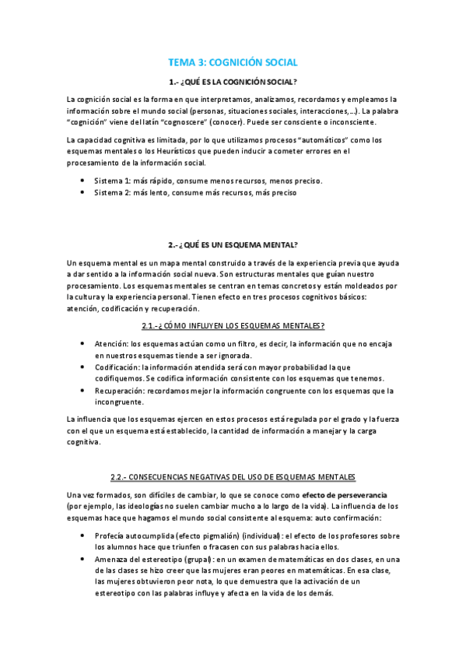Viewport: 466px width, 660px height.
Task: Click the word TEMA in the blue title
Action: (x=182, y=62)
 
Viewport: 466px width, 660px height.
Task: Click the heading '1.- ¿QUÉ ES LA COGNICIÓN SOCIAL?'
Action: (x=233, y=82)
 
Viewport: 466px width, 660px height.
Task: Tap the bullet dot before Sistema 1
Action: (x=82, y=181)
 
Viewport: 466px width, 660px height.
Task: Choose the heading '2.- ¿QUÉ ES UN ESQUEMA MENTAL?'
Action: (x=233, y=244)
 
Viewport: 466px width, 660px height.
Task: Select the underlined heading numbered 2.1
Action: (x=233, y=325)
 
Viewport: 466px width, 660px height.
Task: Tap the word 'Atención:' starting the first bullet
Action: (x=112, y=344)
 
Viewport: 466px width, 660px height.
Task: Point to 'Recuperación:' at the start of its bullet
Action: (x=121, y=391)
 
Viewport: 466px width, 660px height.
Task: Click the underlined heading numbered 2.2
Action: (x=233, y=476)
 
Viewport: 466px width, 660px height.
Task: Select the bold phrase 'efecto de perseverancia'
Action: (x=345, y=496)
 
